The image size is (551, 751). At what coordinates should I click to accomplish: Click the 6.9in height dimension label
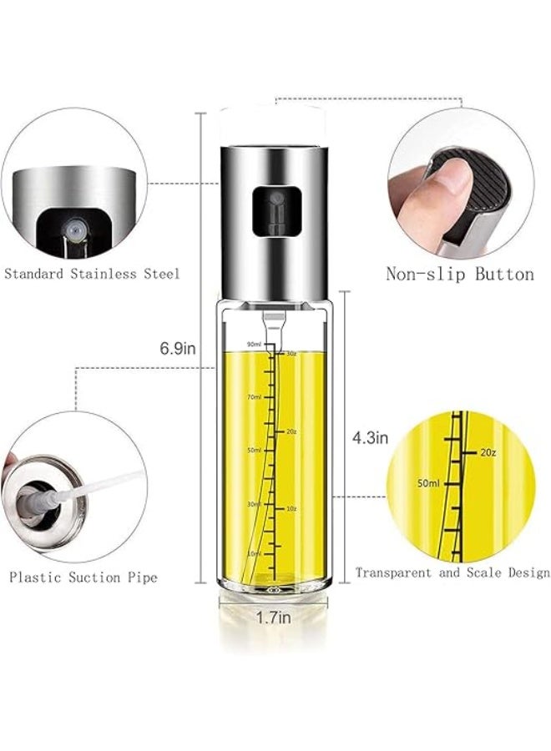(x=178, y=350)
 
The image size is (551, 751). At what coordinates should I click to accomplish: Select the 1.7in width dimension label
(x=273, y=617)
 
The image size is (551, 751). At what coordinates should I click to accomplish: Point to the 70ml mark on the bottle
(x=254, y=397)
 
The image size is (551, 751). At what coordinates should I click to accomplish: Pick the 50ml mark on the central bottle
(x=254, y=450)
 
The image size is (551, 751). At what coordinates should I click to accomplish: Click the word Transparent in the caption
(x=396, y=572)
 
